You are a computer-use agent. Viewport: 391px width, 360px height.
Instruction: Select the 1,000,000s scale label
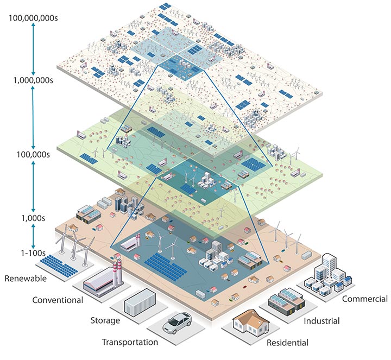(33, 80)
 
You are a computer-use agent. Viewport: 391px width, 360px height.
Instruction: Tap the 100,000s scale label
(33, 154)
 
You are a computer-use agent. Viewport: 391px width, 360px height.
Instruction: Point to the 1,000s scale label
(33, 218)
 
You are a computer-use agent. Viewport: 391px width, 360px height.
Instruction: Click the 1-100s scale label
(33, 252)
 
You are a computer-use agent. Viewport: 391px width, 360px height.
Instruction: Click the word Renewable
(26, 279)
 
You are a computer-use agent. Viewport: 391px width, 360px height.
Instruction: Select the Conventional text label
(58, 300)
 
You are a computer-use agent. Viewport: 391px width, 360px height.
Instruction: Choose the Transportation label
(130, 342)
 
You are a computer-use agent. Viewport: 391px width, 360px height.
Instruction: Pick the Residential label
(287, 343)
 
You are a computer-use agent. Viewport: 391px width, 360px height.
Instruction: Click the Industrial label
(321, 321)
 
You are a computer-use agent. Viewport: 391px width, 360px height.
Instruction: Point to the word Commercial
(365, 299)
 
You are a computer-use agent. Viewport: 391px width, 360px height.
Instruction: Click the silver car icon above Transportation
(179, 323)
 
